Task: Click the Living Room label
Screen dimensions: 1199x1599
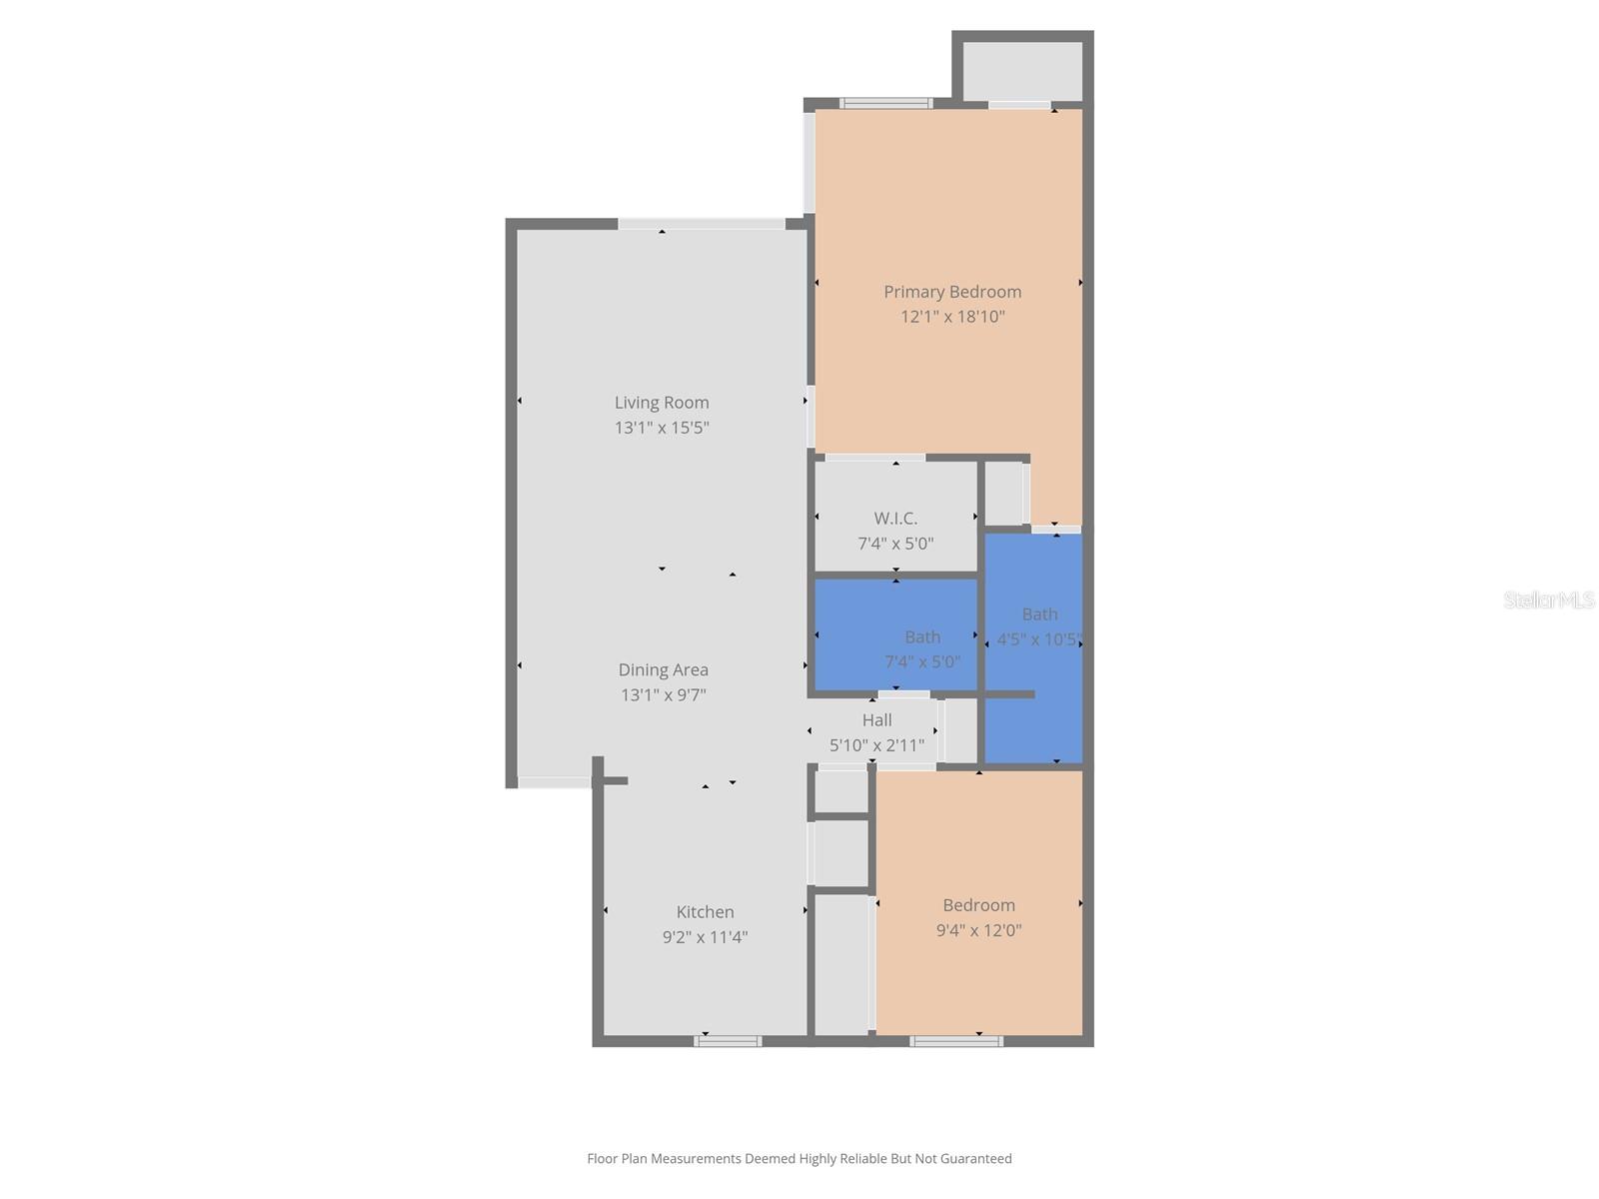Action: point(662,403)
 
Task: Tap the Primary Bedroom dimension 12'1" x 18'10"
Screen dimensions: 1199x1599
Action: point(952,317)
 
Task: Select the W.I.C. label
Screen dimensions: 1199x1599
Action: point(895,519)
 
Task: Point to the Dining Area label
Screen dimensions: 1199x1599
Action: point(664,670)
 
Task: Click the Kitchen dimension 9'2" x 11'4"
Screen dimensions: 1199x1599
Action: point(705,937)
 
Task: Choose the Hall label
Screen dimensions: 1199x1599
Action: point(876,720)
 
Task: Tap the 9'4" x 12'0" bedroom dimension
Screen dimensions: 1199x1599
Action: point(978,930)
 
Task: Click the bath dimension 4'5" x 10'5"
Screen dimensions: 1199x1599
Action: point(1038,639)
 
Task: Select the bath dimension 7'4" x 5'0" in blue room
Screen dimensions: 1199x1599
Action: point(921,661)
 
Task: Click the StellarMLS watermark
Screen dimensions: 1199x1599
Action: point(1548,600)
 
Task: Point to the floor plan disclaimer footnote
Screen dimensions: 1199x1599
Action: point(799,1159)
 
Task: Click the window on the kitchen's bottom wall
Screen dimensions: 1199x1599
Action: point(728,1041)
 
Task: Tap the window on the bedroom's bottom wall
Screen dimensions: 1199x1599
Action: point(956,1041)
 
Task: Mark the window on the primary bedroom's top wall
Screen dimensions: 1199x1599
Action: point(885,103)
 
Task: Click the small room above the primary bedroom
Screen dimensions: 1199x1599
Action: point(1022,70)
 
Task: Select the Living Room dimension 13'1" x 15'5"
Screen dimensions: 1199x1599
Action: point(662,428)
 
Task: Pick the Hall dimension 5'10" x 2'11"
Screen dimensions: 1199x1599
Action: point(876,745)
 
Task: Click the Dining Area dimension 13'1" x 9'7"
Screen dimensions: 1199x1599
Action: point(664,695)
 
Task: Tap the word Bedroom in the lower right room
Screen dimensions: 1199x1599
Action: point(978,905)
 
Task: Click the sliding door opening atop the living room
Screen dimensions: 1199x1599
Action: point(701,224)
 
